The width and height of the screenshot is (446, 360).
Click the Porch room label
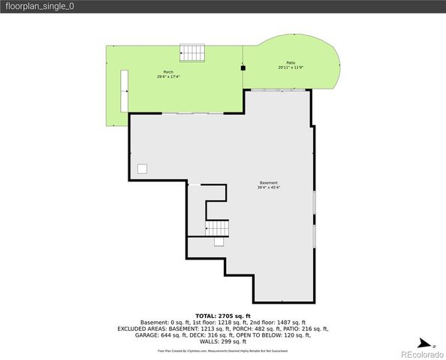168,72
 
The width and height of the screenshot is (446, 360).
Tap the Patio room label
291,63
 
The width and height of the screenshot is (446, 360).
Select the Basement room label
269,183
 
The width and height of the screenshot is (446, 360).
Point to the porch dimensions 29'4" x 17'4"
168,77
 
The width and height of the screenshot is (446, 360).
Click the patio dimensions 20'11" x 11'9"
291,68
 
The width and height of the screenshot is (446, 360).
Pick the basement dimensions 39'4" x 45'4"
269,188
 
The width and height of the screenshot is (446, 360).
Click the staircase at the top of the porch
191,53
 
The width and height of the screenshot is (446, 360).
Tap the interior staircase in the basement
218,227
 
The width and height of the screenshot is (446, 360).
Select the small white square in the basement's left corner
142,169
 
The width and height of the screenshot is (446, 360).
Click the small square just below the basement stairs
219,241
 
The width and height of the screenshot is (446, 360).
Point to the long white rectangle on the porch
125,91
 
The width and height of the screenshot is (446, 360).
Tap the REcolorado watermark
422,354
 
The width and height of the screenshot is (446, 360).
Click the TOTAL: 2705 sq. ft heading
223,316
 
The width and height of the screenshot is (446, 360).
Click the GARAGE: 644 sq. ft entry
153,335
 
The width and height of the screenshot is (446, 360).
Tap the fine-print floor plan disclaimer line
223,350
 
